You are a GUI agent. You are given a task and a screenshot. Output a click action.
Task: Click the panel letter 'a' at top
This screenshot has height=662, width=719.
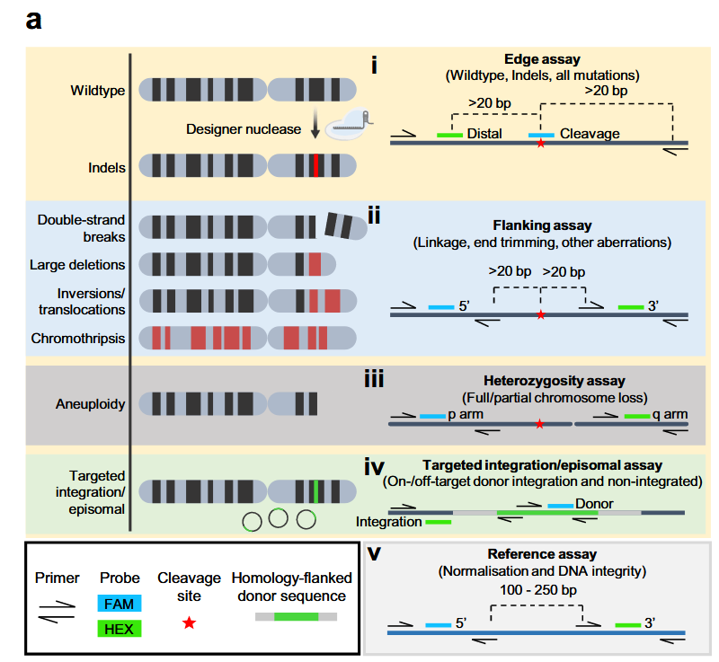click(33, 20)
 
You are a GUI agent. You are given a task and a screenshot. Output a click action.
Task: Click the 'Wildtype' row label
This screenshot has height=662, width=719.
click(98, 91)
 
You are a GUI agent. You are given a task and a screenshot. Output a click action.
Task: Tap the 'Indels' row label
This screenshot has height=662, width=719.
click(107, 167)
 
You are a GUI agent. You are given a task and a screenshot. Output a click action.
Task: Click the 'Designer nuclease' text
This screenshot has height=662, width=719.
click(244, 128)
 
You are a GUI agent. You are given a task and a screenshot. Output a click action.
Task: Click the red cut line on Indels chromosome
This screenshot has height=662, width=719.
click(316, 167)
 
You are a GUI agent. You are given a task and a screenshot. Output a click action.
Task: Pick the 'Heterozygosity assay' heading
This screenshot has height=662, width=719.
click(541, 381)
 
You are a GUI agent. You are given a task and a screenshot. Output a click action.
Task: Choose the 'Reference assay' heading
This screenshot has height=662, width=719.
click(541, 554)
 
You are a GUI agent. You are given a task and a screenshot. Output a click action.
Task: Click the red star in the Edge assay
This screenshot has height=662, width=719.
click(540, 144)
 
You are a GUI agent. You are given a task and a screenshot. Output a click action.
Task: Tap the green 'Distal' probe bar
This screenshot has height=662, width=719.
click(449, 135)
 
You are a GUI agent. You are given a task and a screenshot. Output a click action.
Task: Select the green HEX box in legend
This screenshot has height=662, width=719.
click(118, 629)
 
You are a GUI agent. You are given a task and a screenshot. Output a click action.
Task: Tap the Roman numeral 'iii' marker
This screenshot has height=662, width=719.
click(374, 380)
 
